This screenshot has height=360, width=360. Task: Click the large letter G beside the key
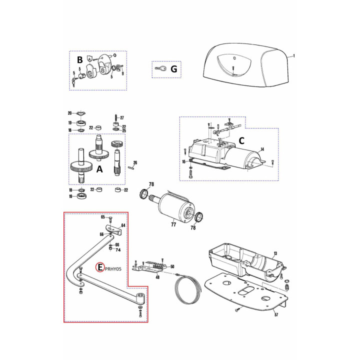pyautogui.click(x=174, y=69)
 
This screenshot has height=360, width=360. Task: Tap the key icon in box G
pyautogui.click(x=160, y=68)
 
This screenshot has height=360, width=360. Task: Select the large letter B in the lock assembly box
pyautogui.click(x=79, y=60)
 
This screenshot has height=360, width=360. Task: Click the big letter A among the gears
pyautogui.click(x=99, y=169)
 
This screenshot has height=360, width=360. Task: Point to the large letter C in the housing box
pyautogui.click(x=241, y=140)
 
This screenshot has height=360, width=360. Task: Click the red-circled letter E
pyautogui.click(x=100, y=267)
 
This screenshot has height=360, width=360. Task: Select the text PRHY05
pyautogui.click(x=113, y=269)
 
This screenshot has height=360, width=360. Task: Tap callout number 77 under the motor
pyautogui.click(x=173, y=224)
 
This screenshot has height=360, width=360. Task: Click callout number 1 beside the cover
pyautogui.click(x=294, y=56)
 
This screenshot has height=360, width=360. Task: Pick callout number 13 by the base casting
pyautogui.click(x=275, y=253)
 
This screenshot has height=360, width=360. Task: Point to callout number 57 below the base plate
pyautogui.click(x=276, y=314)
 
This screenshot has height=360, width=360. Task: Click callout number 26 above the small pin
pyautogui.click(x=135, y=162)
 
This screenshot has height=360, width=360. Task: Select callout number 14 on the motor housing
pyautogui.click(x=262, y=149)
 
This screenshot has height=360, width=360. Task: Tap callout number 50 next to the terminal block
pyautogui.click(x=172, y=266)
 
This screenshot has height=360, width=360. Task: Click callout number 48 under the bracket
pyautogui.click(x=157, y=277)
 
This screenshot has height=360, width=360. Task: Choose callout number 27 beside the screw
pyautogui.click(x=122, y=118)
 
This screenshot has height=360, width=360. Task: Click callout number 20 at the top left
pyautogui.click(x=70, y=113)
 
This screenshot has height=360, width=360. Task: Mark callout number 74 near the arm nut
pyautogui.click(x=118, y=250)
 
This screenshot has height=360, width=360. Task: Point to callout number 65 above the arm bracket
pyautogui.click(x=103, y=217)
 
